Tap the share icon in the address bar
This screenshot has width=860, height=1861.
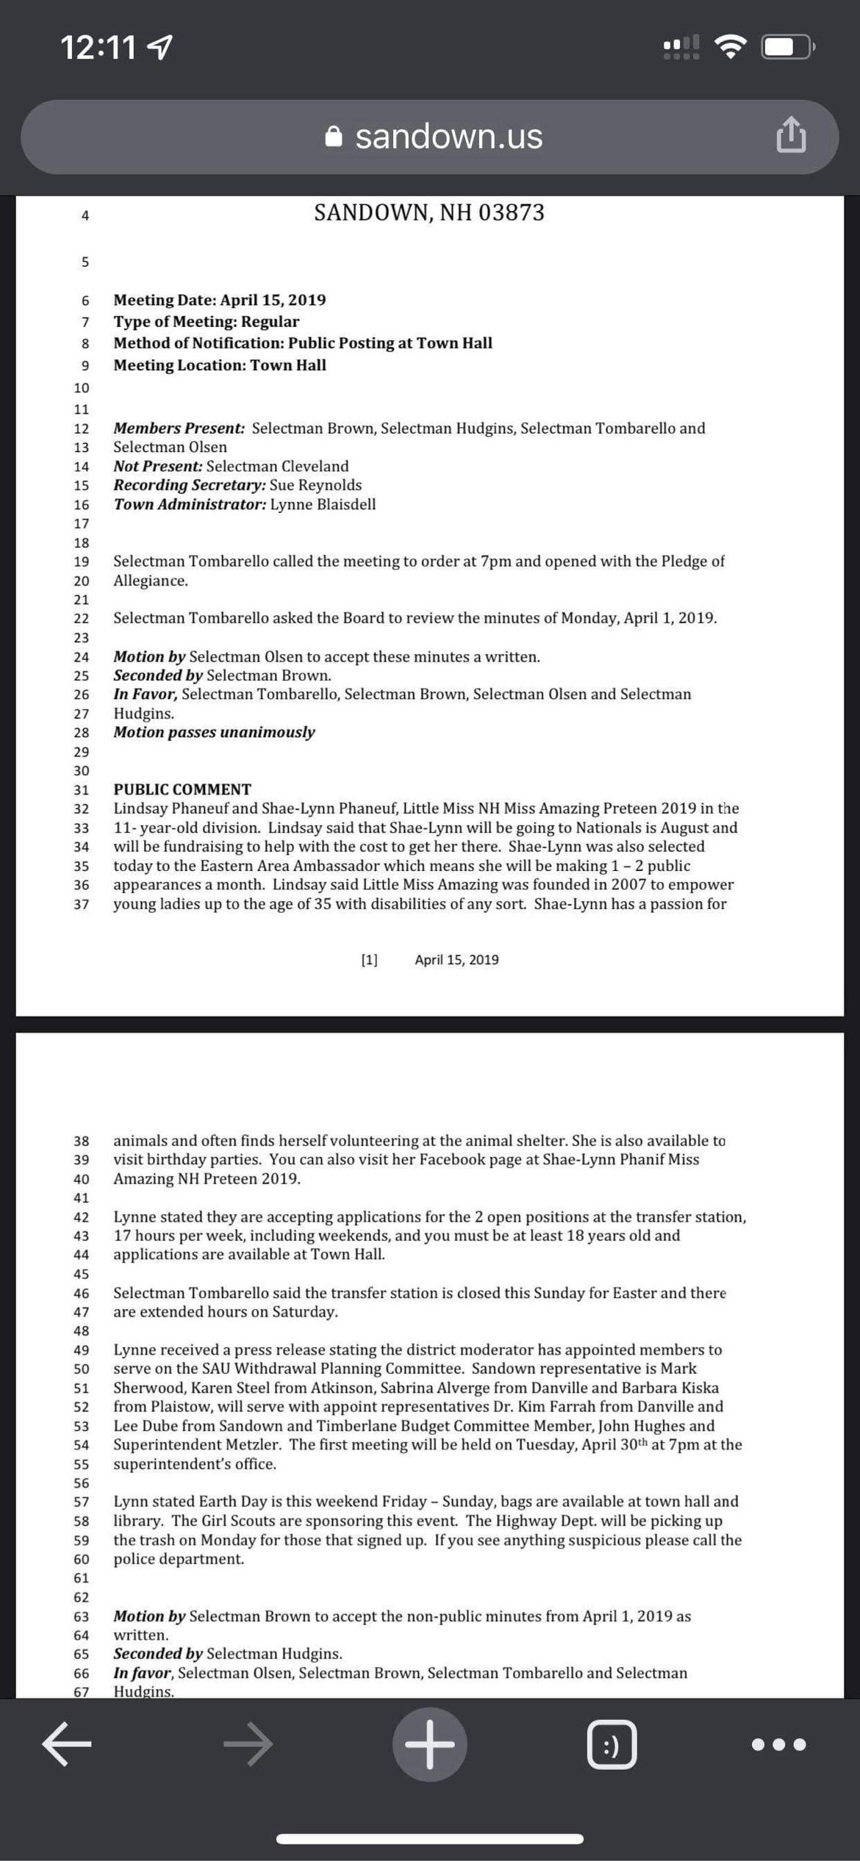pos(791,135)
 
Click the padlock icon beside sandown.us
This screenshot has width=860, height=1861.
pos(334,137)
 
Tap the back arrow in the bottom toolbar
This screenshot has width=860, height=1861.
pos(66,1743)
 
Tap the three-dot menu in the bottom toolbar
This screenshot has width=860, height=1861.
pos(778,1744)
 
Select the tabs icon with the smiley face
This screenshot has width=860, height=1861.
pos(612,1744)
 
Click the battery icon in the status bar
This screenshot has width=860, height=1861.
pos(788,48)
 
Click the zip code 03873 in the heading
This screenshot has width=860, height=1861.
pos(512,213)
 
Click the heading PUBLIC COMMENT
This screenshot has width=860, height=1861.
pos(182,789)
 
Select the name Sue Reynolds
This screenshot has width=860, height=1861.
pos(315,485)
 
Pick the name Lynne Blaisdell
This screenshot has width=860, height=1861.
pos(323,504)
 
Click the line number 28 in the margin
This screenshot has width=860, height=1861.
pos(81,733)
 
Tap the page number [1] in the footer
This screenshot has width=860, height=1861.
pos(369,960)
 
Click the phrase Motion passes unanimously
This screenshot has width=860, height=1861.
pos(214,732)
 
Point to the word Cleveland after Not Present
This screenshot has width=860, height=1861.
pos(315,466)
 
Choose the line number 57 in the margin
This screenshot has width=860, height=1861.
pos(81,1502)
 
